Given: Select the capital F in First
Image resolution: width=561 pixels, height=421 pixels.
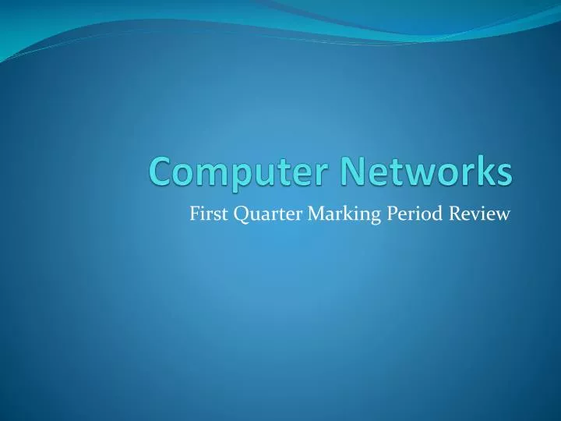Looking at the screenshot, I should [194, 212].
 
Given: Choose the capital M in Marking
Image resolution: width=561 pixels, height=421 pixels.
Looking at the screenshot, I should [302, 212].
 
